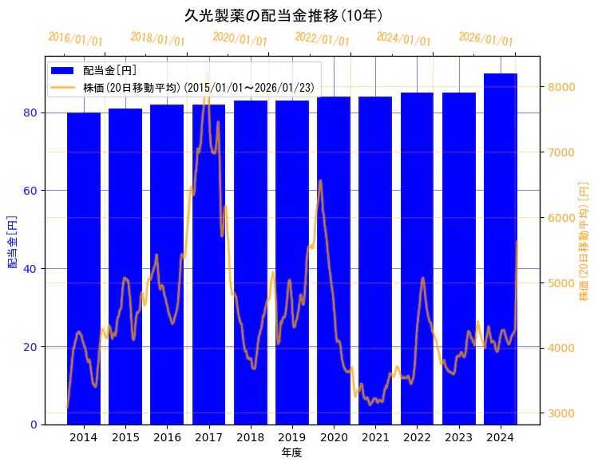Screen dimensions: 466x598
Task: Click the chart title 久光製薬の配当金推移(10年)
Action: (283, 15)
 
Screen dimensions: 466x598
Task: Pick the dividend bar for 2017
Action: (208, 263)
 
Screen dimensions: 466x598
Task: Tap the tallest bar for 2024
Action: (501, 247)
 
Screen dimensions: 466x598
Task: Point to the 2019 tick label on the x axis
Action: (292, 438)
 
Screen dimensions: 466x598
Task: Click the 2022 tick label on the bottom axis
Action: (417, 438)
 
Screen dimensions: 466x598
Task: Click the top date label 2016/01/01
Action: (75, 38)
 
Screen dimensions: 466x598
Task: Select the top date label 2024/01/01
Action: (403, 38)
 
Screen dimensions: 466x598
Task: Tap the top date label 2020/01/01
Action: (240, 38)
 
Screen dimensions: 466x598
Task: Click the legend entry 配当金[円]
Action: (109, 71)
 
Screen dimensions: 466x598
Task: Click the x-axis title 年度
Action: (291, 452)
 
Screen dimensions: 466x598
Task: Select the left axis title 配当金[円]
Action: (13, 241)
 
